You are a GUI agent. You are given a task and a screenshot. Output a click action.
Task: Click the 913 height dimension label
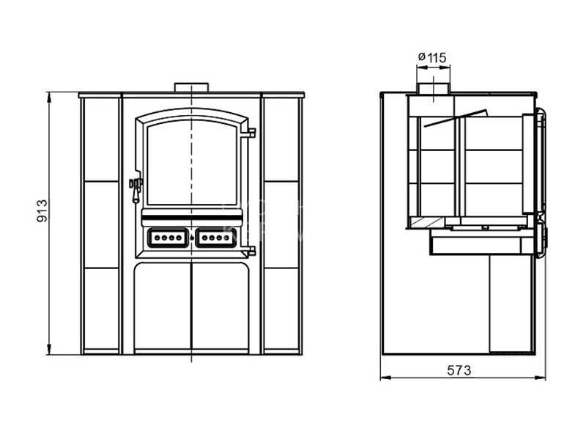[42, 211]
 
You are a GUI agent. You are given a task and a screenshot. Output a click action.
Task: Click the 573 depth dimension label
[459, 370]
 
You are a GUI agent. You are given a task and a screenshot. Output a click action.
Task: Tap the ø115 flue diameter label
[432, 58]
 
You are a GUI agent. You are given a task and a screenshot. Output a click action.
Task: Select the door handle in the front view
[136, 190]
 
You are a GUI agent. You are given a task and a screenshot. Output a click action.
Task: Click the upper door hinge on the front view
[250, 133]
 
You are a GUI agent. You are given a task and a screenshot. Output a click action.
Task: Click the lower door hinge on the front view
[250, 251]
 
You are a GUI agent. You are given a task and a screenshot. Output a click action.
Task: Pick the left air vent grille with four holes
[168, 238]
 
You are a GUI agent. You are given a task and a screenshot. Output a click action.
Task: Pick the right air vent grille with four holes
[215, 238]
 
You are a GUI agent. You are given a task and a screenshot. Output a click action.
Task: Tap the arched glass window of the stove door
[192, 163]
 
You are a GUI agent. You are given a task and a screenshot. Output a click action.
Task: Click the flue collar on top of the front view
[191, 87]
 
